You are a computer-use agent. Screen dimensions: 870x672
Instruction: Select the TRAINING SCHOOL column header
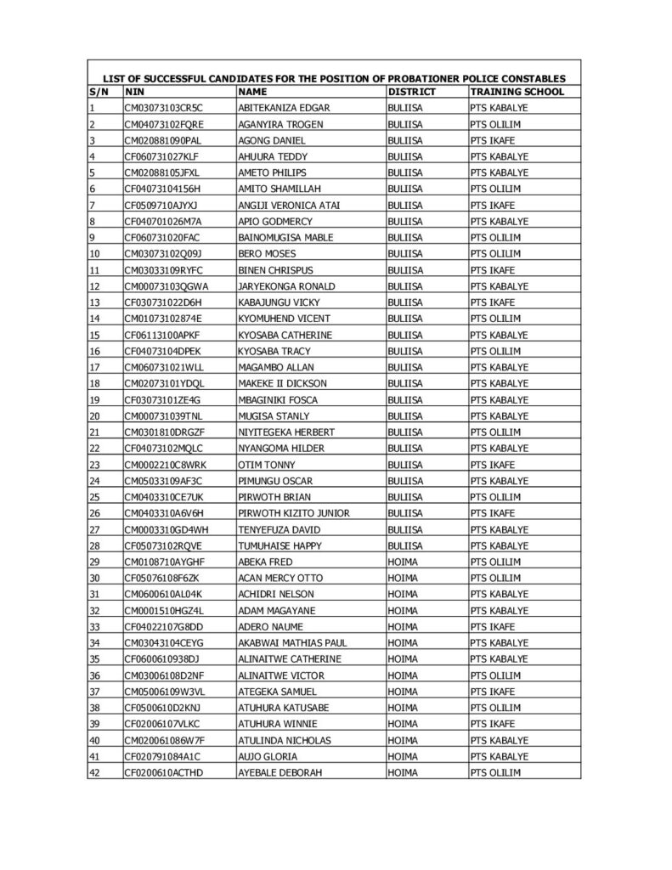pyautogui.click(x=516, y=91)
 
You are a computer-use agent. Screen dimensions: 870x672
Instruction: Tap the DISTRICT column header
pyautogui.click(x=411, y=91)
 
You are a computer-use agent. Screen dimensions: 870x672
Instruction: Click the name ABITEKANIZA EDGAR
pyautogui.click(x=284, y=108)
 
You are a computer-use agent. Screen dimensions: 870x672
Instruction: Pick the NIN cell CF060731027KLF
pyautogui.click(x=161, y=156)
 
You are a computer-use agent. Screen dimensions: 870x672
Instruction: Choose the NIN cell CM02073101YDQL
pyautogui.click(x=165, y=383)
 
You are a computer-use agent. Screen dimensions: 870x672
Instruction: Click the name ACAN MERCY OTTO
pyautogui.click(x=280, y=578)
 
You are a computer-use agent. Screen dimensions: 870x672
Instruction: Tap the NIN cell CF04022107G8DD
pyautogui.click(x=164, y=626)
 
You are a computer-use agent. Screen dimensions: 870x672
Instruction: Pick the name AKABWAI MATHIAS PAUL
pyautogui.click(x=292, y=642)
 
